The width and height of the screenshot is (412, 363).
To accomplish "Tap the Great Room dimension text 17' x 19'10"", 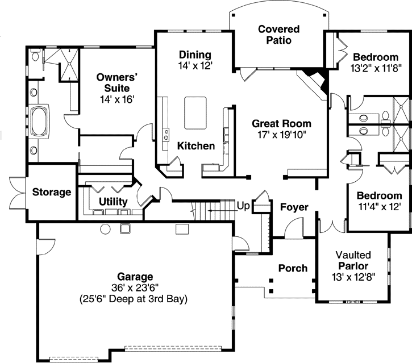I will click(x=274, y=135).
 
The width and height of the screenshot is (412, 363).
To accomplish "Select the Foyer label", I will click(x=294, y=207).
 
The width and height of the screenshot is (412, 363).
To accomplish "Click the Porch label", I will click(x=293, y=268).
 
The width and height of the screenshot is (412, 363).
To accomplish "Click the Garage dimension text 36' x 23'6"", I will click(x=135, y=287).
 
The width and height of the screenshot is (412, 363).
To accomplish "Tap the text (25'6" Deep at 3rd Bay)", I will click(x=135, y=298).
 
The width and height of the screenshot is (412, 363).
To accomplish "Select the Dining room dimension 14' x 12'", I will click(x=195, y=66).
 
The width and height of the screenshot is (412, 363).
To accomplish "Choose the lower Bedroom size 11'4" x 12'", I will click(x=380, y=206).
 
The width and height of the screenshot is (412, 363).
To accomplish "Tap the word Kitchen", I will click(x=196, y=146).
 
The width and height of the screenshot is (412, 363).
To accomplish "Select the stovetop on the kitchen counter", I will click(x=167, y=135).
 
